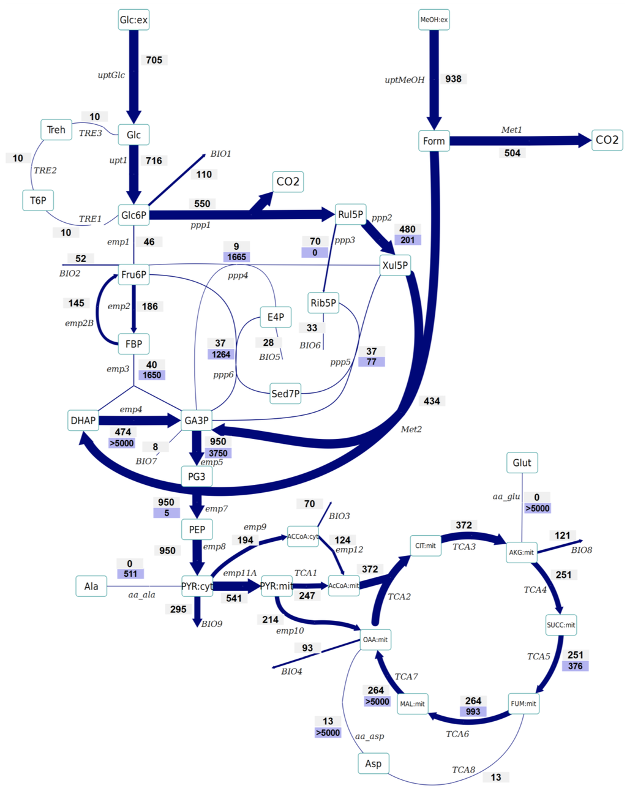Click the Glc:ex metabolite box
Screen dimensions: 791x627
(133, 20)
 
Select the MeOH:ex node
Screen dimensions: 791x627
(434, 20)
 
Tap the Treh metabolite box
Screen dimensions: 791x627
(56, 130)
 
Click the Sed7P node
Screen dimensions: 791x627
(285, 394)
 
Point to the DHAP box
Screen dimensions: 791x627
(83, 421)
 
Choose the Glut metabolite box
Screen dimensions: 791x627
(522, 463)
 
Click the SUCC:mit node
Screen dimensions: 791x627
(561, 625)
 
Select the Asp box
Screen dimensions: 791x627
(373, 763)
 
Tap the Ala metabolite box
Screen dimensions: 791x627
(91, 586)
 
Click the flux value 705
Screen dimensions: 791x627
(154, 60)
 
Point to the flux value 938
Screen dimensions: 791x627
(453, 79)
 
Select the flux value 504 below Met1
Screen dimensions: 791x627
(512, 153)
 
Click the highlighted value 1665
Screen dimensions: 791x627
(237, 257)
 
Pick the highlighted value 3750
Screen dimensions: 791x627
(218, 453)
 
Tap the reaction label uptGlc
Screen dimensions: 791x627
(111, 75)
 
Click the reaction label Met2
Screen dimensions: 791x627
(411, 429)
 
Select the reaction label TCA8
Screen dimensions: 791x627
(464, 770)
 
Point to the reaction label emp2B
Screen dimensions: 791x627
(79, 323)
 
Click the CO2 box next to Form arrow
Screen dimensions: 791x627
(607, 140)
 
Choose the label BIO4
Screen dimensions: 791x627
(291, 672)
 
